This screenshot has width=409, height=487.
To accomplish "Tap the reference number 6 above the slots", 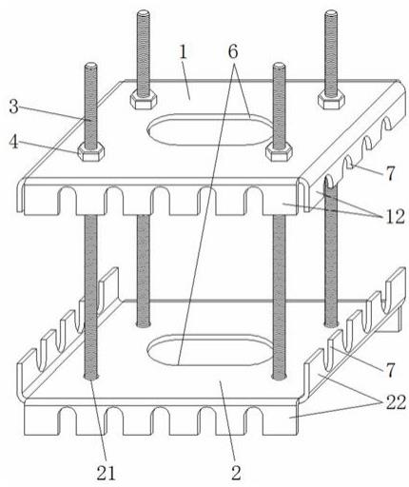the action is pyautogui.click(x=233, y=51).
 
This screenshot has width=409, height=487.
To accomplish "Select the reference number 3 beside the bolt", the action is pyautogui.click(x=13, y=107).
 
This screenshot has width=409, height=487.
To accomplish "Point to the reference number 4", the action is pyautogui.click(x=13, y=142).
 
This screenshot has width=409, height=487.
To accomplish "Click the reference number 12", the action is pyautogui.click(x=395, y=217).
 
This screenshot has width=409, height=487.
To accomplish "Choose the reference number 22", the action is pyautogui.click(x=396, y=403).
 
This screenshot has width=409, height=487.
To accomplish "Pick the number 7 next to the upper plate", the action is pyautogui.click(x=390, y=173).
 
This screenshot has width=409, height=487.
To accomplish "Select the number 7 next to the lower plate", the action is pyautogui.click(x=390, y=370).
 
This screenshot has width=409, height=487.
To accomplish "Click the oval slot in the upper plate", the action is pyautogui.click(x=210, y=129).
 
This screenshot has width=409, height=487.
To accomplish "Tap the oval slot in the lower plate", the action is pyautogui.click(x=210, y=350).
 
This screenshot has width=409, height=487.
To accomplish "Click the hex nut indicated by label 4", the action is pyautogui.click(x=91, y=151).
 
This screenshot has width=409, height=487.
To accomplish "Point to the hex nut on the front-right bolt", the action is pyautogui.click(x=279, y=151).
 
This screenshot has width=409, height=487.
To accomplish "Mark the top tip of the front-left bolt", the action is pyautogui.click(x=91, y=64).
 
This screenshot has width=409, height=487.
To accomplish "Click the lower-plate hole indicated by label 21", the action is pyautogui.click(x=91, y=377).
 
